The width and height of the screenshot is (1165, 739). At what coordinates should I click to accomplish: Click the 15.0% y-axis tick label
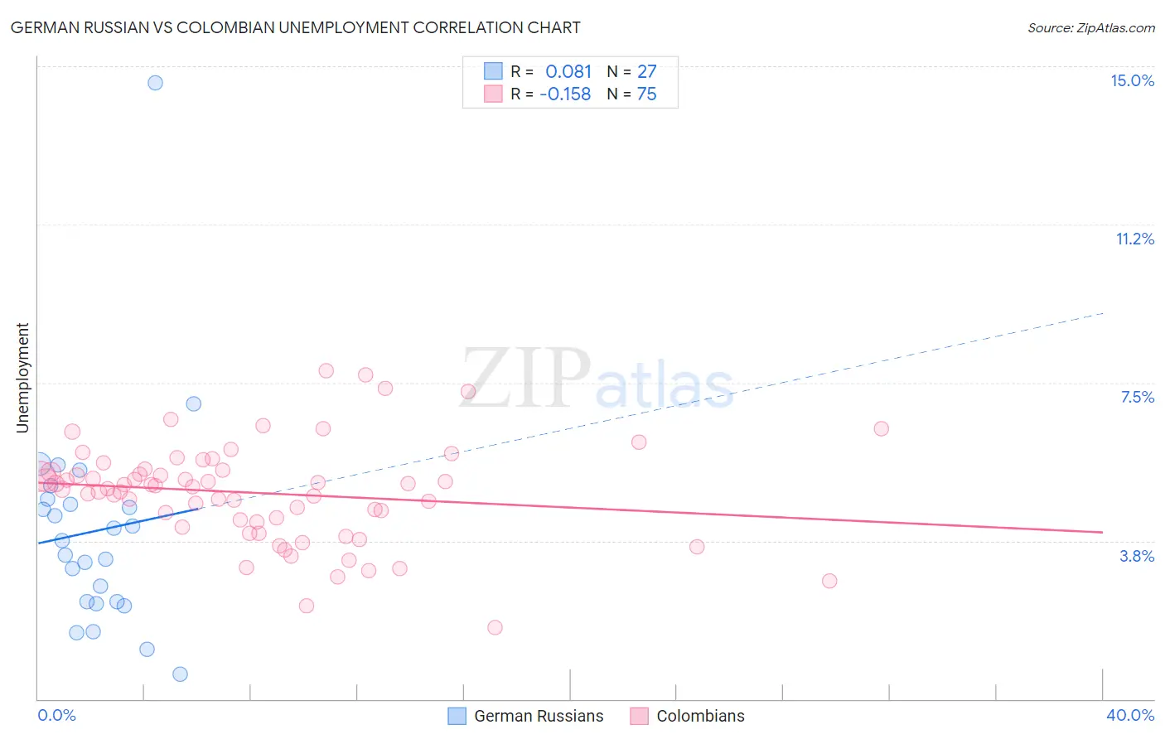(x=1132, y=80)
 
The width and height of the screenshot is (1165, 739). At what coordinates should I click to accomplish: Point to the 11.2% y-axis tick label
(x=1134, y=239)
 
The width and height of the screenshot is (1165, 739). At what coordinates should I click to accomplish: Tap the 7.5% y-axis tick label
(x=1137, y=397)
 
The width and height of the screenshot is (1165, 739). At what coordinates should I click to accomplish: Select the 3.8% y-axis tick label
(x=1137, y=556)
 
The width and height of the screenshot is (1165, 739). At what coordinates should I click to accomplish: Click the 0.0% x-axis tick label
(x=56, y=715)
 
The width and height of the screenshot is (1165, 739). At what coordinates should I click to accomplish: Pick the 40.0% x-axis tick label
(x=1129, y=715)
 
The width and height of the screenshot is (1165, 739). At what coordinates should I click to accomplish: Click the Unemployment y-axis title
(x=23, y=378)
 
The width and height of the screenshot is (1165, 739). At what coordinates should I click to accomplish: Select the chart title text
(x=295, y=27)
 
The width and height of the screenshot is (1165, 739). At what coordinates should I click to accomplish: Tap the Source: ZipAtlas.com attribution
(x=1090, y=28)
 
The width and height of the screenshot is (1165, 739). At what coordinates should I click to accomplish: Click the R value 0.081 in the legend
(x=568, y=72)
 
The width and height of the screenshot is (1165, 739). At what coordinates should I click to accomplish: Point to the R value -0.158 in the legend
(x=565, y=94)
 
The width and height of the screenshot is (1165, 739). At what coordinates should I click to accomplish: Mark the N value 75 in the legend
(x=646, y=94)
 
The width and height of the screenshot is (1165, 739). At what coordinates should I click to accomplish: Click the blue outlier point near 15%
(x=155, y=83)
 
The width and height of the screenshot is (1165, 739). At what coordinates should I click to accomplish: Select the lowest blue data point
(x=180, y=674)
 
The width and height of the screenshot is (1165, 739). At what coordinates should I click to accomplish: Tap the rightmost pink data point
(x=881, y=428)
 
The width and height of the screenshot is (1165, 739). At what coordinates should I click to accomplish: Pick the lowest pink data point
(x=495, y=627)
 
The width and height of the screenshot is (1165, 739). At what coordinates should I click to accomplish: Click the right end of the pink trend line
(x=1102, y=532)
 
